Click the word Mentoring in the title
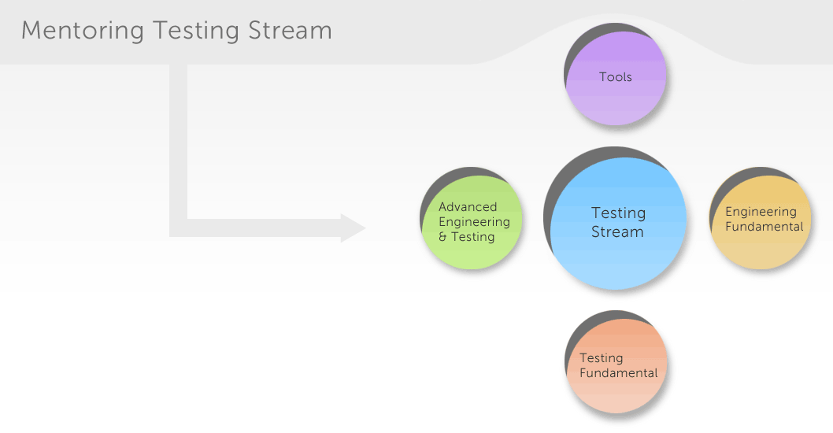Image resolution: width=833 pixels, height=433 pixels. tap(83, 30)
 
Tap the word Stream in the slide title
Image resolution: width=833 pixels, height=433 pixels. tap(290, 30)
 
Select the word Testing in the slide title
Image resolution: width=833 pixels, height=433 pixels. tap(196, 31)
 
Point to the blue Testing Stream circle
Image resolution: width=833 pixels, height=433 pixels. tap(618, 223)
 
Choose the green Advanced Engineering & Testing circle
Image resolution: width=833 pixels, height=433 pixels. tap(472, 222)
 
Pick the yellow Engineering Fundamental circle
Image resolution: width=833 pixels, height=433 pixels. tap(761, 223)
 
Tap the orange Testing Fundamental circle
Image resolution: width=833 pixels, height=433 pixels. tap(616, 366)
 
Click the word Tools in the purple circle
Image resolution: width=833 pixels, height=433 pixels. tap(615, 77)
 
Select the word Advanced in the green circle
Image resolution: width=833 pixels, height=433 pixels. tap(468, 207)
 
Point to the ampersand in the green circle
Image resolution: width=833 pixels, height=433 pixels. tap(442, 237)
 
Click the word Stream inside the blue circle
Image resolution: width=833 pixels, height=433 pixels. tap(617, 231)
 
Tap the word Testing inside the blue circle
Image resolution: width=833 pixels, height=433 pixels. tap(618, 213)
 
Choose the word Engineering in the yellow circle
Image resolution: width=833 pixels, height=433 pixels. tap(761, 212)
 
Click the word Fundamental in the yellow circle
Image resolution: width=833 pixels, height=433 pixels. tap(765, 227)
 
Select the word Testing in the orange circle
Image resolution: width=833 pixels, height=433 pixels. tap(602, 359)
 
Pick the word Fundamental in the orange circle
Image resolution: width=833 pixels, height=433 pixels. tap(618, 373)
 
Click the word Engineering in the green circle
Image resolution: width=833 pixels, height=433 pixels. tap(475, 222)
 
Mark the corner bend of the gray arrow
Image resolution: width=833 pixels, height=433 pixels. tap(179, 228)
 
